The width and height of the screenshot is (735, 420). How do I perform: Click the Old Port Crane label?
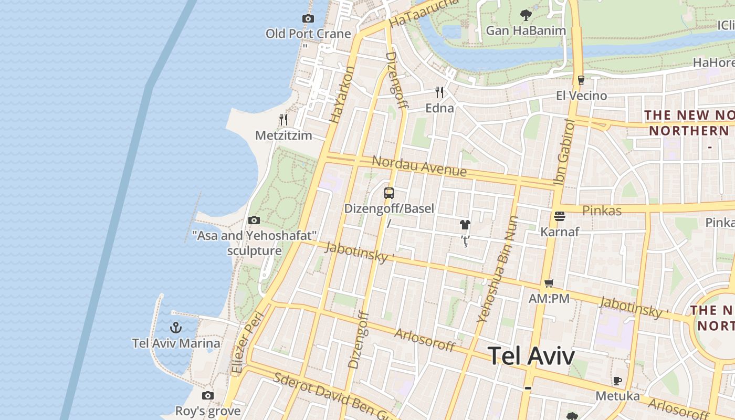click(x=308, y=34)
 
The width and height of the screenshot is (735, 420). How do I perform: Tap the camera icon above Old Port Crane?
click(x=308, y=19)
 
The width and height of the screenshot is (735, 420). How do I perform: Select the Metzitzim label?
click(x=283, y=135)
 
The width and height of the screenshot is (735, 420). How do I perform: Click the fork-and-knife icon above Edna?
click(x=439, y=93)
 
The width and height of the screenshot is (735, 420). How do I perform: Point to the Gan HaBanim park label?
click(x=526, y=30)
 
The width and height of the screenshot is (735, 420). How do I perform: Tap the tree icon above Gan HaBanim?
click(x=526, y=15)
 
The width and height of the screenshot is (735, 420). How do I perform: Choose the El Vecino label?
click(x=582, y=96)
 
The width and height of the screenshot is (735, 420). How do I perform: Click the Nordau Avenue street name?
click(x=419, y=166)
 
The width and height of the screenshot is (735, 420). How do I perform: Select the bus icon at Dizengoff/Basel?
click(x=389, y=193)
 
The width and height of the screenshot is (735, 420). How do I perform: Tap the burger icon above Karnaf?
click(x=560, y=216)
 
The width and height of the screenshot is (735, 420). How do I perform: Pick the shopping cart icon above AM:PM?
click(x=549, y=283)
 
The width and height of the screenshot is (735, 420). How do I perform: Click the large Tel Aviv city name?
click(x=531, y=356)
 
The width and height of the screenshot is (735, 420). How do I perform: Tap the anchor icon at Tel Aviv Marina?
click(x=176, y=328)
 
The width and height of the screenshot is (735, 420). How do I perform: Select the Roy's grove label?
click(x=208, y=411)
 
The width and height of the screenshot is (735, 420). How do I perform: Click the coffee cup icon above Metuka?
click(x=617, y=381)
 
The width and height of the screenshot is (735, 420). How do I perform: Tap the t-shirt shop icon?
click(x=465, y=225)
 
